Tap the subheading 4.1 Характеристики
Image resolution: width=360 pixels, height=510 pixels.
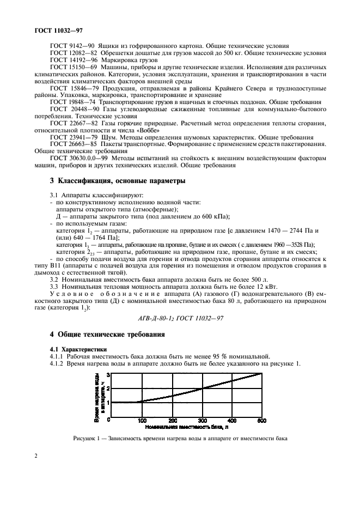(x=77, y=349)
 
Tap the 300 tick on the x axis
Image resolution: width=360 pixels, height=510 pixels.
(x=202, y=420)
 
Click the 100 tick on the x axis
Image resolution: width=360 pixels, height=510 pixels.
(x=142, y=420)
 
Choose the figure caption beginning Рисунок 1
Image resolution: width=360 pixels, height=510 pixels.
(x=179, y=439)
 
